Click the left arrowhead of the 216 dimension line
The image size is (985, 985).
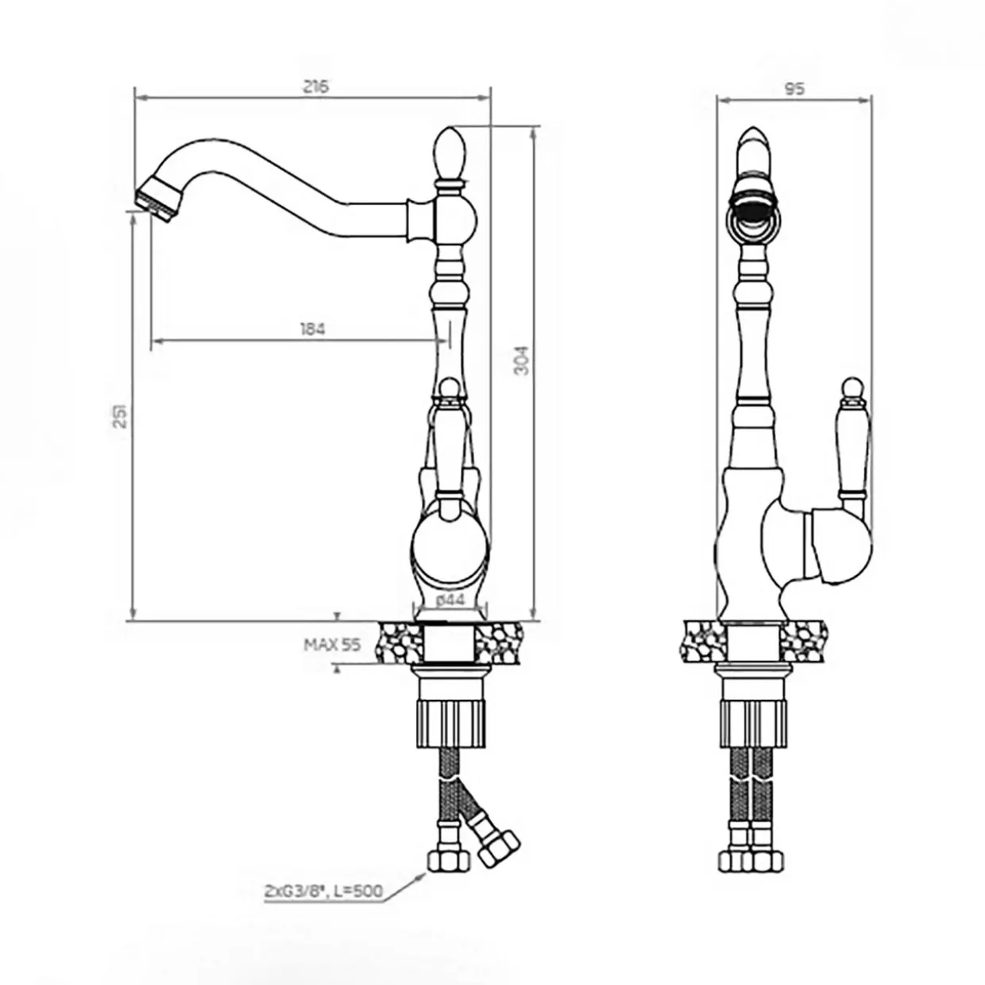tap(140, 97)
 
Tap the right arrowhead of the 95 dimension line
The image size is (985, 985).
tap(867, 100)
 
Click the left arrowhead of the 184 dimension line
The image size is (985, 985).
tap(157, 340)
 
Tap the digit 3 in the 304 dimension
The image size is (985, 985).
tap(521, 369)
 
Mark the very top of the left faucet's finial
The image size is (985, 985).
tap(450, 129)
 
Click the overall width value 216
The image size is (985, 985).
tap(315, 86)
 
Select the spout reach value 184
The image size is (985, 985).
tap(312, 329)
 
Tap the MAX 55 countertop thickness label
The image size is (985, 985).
tap(332, 645)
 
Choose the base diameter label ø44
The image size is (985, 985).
tap(451, 600)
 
